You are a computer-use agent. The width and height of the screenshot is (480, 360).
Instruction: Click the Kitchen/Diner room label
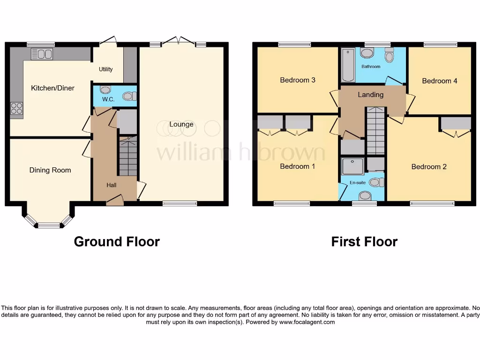(x=52, y=88)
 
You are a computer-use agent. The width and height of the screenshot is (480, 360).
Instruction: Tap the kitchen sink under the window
(x=42, y=55)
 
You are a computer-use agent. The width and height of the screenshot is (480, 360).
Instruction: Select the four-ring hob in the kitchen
(x=16, y=108)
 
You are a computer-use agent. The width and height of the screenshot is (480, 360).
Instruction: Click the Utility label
(x=105, y=69)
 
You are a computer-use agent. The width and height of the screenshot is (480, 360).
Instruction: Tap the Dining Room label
(x=50, y=170)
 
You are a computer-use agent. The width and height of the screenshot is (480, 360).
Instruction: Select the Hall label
(x=111, y=185)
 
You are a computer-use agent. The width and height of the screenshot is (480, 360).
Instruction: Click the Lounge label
(x=181, y=124)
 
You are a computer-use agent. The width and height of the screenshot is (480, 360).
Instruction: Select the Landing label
(x=370, y=95)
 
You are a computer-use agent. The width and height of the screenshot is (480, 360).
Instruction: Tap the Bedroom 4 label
(x=439, y=81)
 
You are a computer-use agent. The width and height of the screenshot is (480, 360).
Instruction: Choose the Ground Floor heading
(x=117, y=241)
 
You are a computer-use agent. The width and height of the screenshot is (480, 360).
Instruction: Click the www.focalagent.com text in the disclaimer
(x=307, y=322)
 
